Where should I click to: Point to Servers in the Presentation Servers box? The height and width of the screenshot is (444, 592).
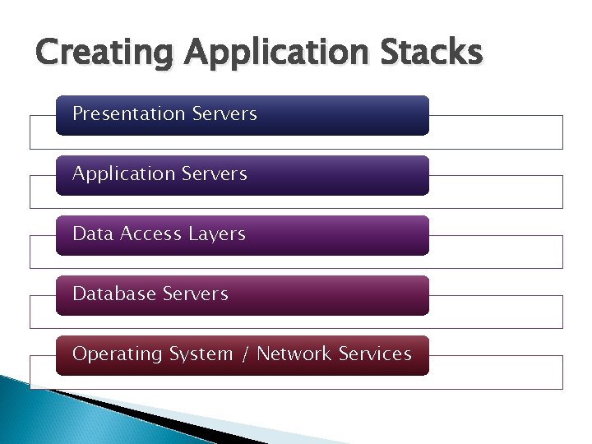tap(224, 114)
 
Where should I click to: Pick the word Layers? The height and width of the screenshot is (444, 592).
tap(216, 234)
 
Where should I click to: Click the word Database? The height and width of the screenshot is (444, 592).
tap(113, 294)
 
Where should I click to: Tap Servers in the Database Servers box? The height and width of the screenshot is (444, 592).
tap(196, 294)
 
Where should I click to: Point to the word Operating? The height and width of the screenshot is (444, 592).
tap(117, 354)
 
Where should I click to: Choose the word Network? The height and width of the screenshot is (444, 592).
tap(294, 354)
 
